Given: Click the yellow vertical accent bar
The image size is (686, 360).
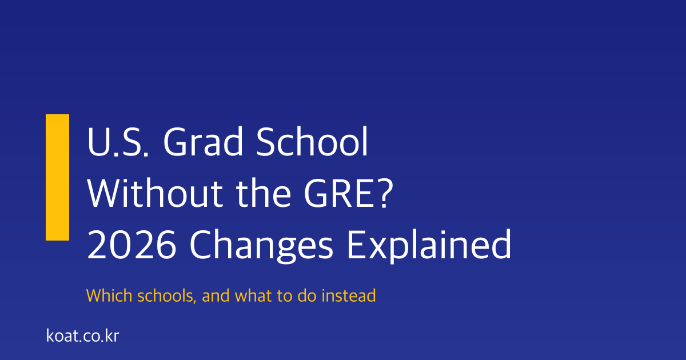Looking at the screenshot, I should click(x=57, y=177).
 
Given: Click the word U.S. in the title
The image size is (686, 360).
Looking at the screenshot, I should click(x=117, y=143).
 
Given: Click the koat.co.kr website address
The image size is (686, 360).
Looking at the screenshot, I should click(x=82, y=335).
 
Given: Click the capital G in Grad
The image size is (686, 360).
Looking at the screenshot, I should click(x=175, y=143).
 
